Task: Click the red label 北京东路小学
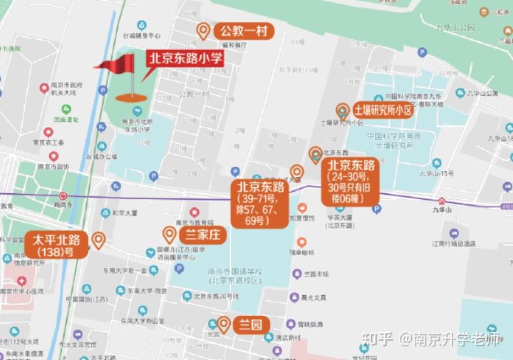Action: (x=184, y=60)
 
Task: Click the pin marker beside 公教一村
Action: (x=204, y=31)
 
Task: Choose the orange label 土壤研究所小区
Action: (x=383, y=110)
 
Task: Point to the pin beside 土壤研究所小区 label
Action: (x=343, y=111)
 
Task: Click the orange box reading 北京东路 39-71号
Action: (x=258, y=204)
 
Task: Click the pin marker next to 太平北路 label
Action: (x=98, y=240)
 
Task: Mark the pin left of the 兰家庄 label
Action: (x=170, y=234)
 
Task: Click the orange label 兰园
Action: (x=249, y=325)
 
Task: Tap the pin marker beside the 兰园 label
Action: (x=224, y=324)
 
